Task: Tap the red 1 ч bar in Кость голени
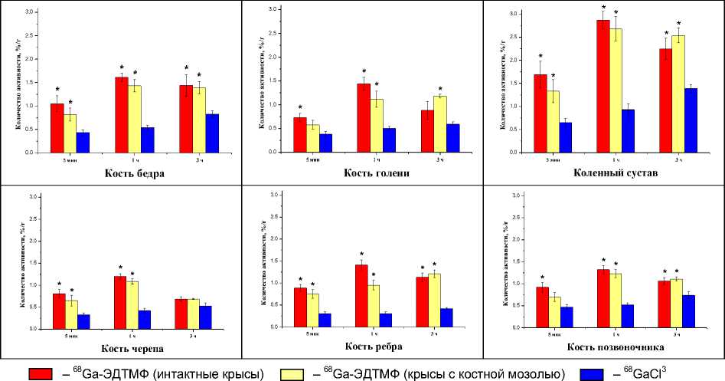pyautogui.click(x=364, y=118)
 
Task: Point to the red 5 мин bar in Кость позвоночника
pyautogui.click(x=542, y=308)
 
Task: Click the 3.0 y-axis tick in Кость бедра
pyautogui.click(x=29, y=13)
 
